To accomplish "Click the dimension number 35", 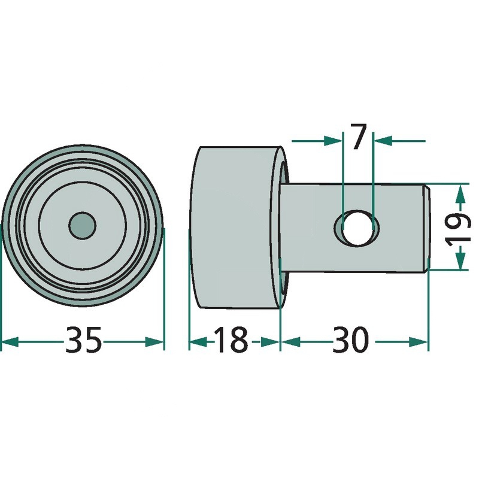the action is [x=83, y=340].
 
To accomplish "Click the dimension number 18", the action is [x=231, y=340].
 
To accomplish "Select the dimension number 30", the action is [x=351, y=340].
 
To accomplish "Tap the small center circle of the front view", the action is [x=82, y=226].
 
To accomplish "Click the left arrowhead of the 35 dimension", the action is [x=10, y=342].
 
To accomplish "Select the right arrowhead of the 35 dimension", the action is [x=154, y=342].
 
